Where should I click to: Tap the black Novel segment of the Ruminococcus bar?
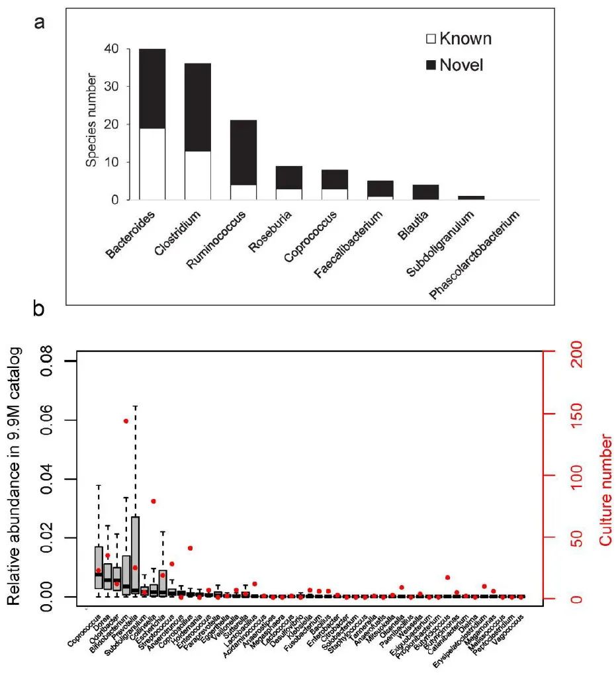pyautogui.click(x=243, y=152)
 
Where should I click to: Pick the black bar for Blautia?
pyautogui.click(x=380, y=192)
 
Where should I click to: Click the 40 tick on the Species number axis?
pyautogui.click(x=118, y=49)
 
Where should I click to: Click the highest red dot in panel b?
pyautogui.click(x=126, y=421)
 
